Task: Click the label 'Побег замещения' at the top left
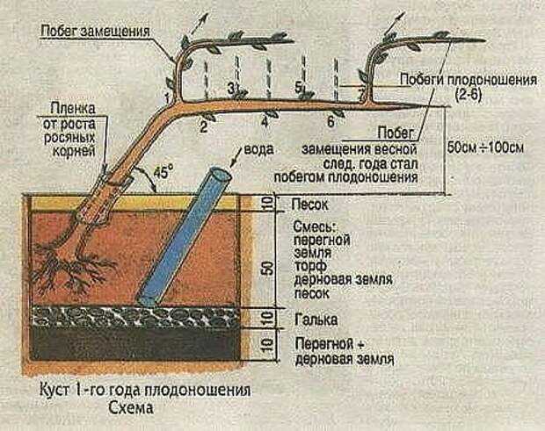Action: click(95, 31)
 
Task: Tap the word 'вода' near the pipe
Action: click(259, 149)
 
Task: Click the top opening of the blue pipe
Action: click(219, 174)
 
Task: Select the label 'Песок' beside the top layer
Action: click(309, 205)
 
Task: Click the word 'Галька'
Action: click(316, 320)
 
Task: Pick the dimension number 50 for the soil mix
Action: click(269, 269)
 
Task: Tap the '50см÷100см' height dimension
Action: click(485, 148)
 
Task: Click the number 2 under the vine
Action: click(204, 127)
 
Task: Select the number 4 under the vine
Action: click(265, 123)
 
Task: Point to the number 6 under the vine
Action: click(331, 122)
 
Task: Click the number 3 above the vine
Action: click(231, 88)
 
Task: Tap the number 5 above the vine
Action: click(298, 87)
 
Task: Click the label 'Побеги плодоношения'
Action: click(469, 80)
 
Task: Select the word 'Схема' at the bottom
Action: click(131, 408)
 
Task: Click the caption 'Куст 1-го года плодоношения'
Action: click(144, 391)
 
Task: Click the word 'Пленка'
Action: click(73, 109)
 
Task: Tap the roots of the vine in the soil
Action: click(73, 267)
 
